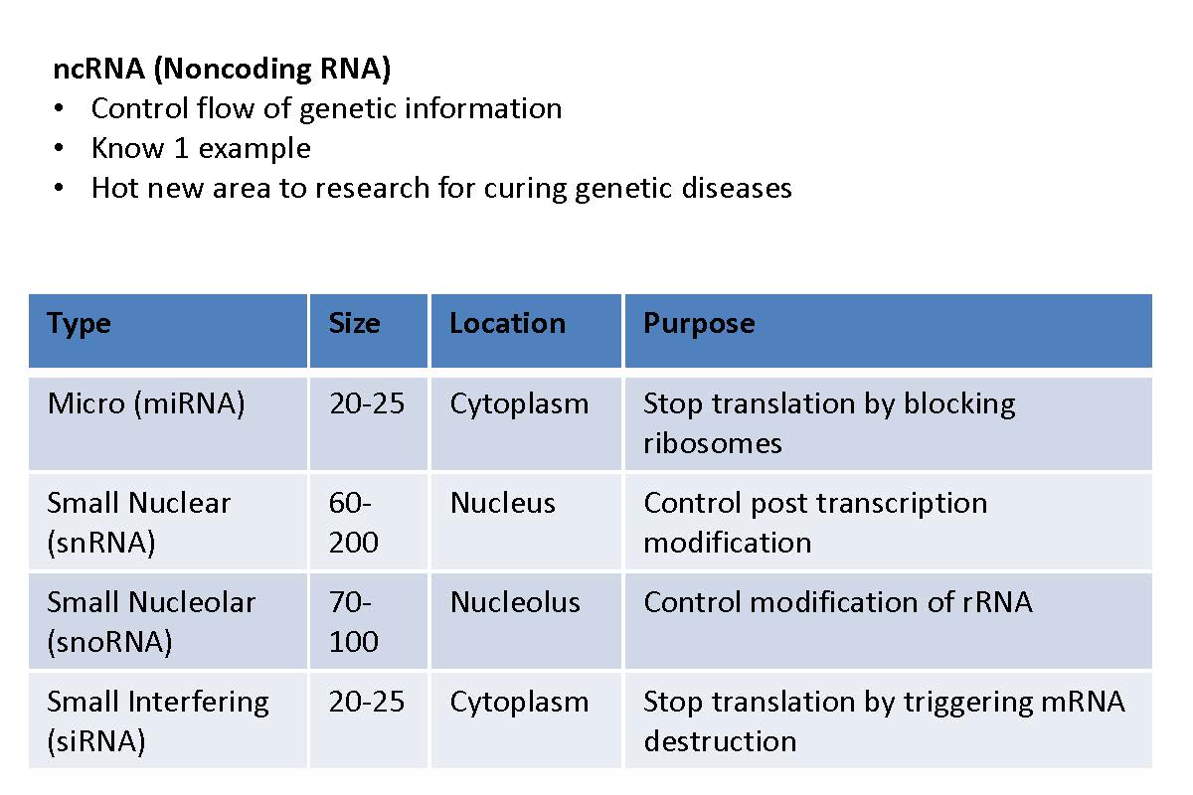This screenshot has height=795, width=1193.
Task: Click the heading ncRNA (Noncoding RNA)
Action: pyautogui.click(x=222, y=70)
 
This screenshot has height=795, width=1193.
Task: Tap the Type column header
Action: pyautogui.click(x=79, y=324)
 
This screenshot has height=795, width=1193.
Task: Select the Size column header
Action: pyautogui.click(x=355, y=323)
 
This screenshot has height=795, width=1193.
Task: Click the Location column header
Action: pyautogui.click(x=508, y=323)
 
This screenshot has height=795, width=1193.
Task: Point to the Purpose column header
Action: pyautogui.click(x=699, y=324)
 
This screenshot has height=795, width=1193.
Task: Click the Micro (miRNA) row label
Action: pyautogui.click(x=146, y=403)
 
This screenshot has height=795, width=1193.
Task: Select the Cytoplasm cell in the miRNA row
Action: pyautogui.click(x=519, y=404)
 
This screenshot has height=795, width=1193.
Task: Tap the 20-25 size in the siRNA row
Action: pyautogui.click(x=367, y=702)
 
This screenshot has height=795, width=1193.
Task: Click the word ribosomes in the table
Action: pyautogui.click(x=713, y=443)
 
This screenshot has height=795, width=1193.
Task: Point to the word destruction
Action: pyautogui.click(x=720, y=741)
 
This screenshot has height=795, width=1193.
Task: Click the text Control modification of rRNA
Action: pyautogui.click(x=838, y=603)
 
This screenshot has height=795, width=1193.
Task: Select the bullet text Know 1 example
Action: pyautogui.click(x=201, y=148)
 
